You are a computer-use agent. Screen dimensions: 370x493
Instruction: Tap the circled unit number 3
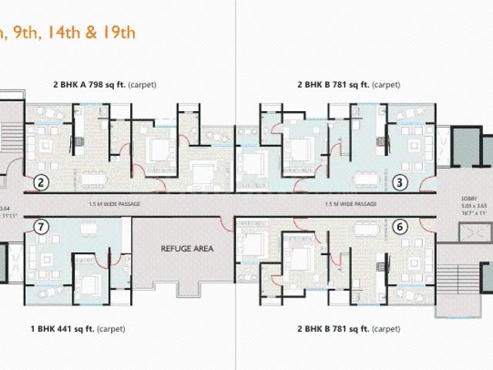(400, 182)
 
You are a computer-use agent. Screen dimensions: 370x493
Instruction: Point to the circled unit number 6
(400, 226)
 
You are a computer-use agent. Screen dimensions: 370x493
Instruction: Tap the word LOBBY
(471, 197)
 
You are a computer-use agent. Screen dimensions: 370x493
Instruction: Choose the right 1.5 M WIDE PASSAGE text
(351, 203)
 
